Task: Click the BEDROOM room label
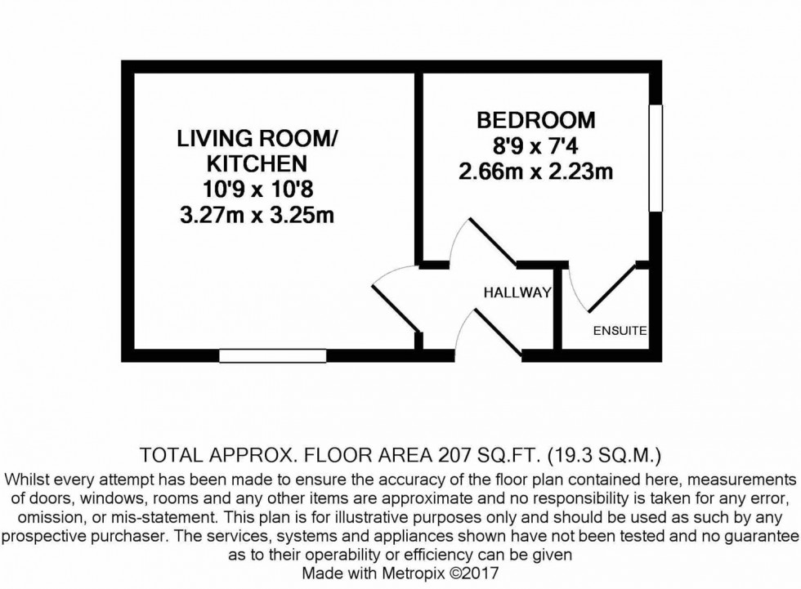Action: (536, 121)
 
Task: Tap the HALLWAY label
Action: (517, 292)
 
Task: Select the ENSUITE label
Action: (620, 331)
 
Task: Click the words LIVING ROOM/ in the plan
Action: (257, 139)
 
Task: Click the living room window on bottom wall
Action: (272, 355)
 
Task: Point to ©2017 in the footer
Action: (483, 574)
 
